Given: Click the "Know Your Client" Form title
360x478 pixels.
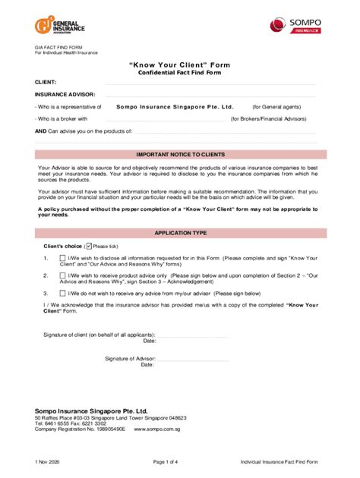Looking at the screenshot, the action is coord(180,64).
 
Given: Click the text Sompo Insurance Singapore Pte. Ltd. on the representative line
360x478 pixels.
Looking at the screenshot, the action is coord(180,107).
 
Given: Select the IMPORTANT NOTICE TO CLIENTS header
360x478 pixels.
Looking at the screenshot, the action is coord(180,153).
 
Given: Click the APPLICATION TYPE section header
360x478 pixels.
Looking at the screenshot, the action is coord(180,234).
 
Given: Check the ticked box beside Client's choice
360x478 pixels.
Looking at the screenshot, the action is coord(89,246).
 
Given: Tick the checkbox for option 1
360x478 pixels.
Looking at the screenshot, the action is coord(62,259).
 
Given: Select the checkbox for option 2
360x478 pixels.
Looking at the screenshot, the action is coord(62,275).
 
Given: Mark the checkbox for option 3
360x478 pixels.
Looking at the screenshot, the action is coord(62,292).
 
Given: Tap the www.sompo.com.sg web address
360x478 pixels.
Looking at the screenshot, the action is coord(155,429).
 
